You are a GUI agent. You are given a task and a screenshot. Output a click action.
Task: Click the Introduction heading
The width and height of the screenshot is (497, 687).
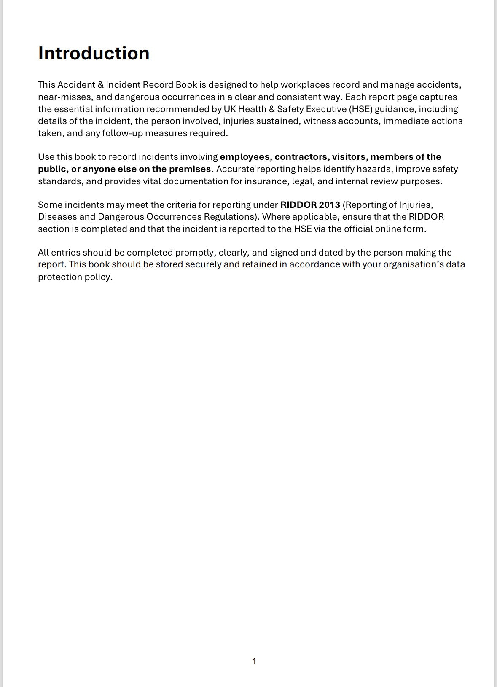(94, 54)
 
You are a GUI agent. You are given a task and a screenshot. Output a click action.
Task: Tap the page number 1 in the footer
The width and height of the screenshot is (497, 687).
(254, 661)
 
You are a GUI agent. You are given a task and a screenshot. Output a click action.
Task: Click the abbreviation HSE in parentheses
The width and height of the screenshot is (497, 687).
(360, 109)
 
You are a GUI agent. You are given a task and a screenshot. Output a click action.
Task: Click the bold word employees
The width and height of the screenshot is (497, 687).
(245, 157)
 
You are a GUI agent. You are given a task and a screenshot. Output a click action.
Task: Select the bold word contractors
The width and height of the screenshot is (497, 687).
(301, 157)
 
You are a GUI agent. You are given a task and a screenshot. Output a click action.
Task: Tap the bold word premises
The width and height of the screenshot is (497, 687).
(190, 169)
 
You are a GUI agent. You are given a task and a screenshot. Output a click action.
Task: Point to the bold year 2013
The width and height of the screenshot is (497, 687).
(330, 205)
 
